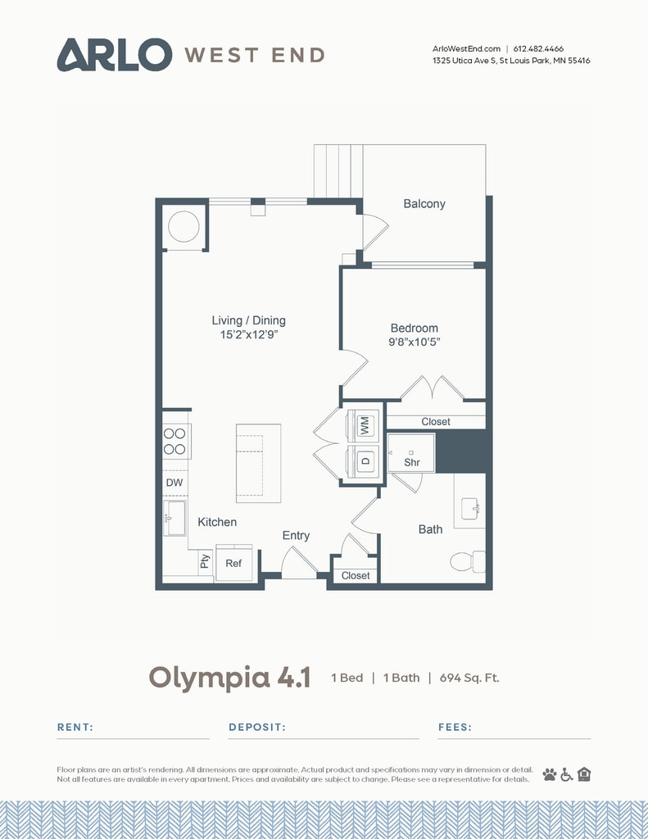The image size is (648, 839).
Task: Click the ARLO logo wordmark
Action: coord(115,55)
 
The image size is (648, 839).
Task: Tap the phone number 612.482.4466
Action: coord(538,48)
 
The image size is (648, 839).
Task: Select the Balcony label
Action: coord(424,204)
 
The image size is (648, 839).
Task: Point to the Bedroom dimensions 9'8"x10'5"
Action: coord(415,342)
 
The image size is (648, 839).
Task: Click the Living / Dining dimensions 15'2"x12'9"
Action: coord(249,334)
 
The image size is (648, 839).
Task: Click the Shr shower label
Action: coord(412,462)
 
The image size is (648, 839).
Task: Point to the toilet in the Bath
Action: coord(468,561)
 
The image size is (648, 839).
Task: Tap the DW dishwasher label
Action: coord(174,483)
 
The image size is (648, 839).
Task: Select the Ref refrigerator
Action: coord(233,563)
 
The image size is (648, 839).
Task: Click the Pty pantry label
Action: coord(205,561)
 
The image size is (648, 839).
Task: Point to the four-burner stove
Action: coord(175,441)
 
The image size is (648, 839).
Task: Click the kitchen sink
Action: coord(174,518)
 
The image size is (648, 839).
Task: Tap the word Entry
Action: coord(296,536)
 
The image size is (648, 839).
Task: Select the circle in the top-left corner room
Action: coord(184,227)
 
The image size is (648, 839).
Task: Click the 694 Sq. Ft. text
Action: coord(469,678)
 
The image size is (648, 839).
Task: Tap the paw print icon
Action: coord(550,774)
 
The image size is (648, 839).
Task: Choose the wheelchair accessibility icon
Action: coord(567,774)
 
